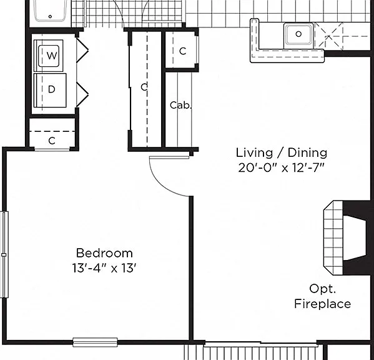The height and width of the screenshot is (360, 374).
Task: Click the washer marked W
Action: [49, 56]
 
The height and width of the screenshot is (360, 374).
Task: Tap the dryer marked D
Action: [50, 90]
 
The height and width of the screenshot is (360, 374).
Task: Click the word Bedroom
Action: [104, 253]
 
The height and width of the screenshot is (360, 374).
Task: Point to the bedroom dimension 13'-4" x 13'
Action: [104, 268]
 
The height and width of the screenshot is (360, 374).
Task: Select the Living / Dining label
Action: [282, 152]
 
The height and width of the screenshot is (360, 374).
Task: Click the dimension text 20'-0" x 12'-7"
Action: [282, 168]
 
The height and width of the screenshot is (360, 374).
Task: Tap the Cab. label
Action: [180, 105]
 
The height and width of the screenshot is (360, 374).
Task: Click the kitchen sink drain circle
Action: [298, 34]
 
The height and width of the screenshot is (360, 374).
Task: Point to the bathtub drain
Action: [50, 16]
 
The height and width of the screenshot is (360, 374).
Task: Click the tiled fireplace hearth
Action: [333, 237]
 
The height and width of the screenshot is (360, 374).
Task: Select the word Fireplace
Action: [322, 304]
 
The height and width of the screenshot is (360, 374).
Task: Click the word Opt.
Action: [322, 289]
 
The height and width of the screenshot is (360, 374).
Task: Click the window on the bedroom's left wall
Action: [4, 255]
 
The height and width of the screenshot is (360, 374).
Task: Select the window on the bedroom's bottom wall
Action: [95, 342]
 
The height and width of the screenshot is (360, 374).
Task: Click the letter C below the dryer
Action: [52, 141]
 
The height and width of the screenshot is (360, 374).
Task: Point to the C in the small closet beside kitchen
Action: [183, 51]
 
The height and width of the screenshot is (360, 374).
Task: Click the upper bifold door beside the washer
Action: [82, 51]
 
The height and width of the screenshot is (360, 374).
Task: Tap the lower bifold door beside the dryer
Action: [82, 94]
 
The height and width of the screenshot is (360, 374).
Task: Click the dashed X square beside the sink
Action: [328, 36]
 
